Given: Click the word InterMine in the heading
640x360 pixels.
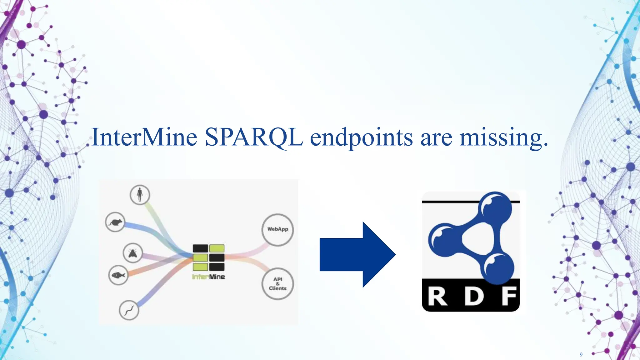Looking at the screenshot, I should coord(144,137).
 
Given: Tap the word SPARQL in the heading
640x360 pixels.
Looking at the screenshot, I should coord(254,137).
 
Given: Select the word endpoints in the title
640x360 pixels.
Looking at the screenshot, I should coord(361,138).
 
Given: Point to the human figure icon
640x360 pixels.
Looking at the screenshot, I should coord(140,195).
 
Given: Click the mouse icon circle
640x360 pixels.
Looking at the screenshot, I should coord(115,222).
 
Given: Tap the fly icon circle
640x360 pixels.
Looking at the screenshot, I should coord(133,253).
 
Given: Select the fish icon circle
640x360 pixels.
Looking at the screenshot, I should coord(118,275).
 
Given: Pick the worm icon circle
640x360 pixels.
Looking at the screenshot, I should coord(129,310).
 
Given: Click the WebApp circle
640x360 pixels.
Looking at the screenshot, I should coord(277,229).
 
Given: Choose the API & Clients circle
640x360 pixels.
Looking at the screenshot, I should coord(277,284).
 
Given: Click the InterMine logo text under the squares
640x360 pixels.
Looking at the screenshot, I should coord(208,277).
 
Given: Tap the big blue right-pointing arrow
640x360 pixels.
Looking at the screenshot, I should coord(357,254).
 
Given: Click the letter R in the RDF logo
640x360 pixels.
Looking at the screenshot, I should coord(437,297).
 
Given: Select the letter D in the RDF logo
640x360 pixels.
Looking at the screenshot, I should coord(474,297).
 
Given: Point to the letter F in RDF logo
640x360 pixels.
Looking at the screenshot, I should coord(509,297).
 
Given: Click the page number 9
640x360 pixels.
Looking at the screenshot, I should coord(581,354).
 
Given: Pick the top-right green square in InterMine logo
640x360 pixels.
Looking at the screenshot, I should coord(217,248).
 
